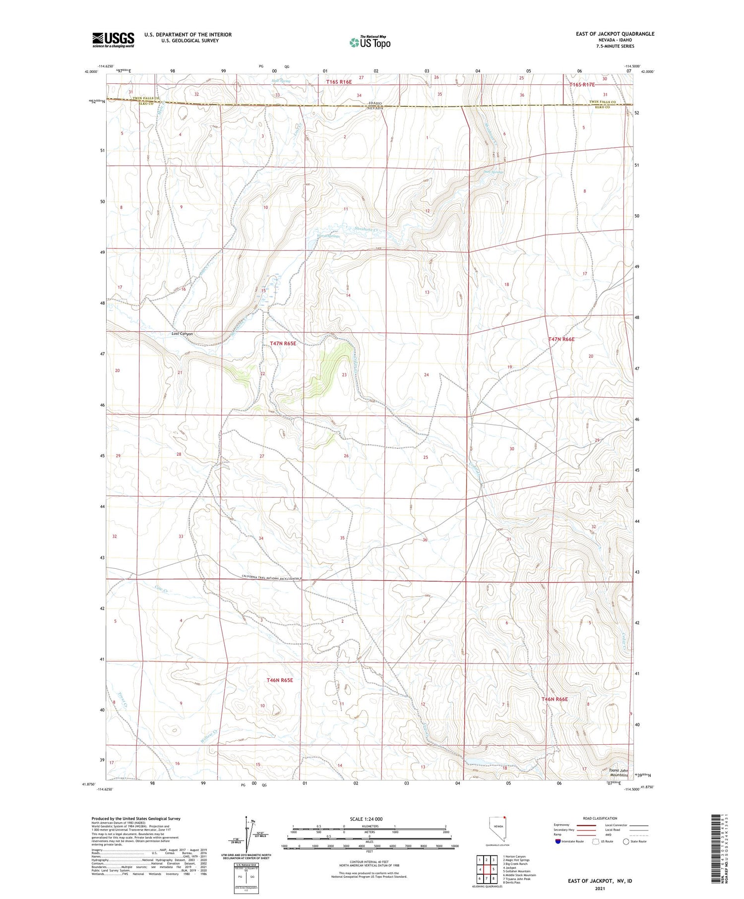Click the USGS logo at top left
(113, 40)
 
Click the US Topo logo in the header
(370, 43)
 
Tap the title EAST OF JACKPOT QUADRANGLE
(615, 34)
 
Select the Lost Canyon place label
(182, 334)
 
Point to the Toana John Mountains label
(619, 773)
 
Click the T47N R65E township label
(283, 343)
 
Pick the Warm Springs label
(328, 236)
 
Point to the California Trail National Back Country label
(271, 576)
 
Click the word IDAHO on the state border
(375, 103)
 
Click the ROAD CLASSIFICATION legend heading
(600, 818)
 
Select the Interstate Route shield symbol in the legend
(558, 841)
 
